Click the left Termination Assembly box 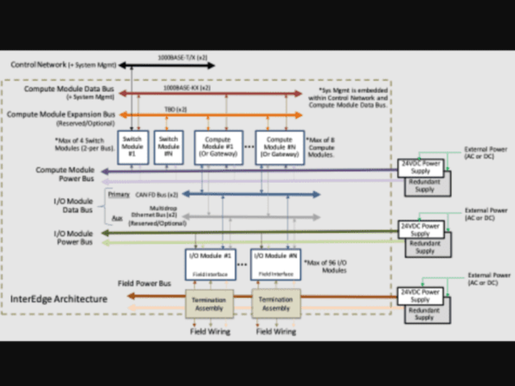(x=209, y=304)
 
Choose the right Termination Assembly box (x=275, y=304)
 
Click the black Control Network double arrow (x=166, y=65)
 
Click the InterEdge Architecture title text (x=59, y=299)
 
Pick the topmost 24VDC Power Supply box (x=420, y=167)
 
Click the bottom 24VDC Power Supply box (x=420, y=296)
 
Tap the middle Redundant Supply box (x=425, y=247)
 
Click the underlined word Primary (x=118, y=193)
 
